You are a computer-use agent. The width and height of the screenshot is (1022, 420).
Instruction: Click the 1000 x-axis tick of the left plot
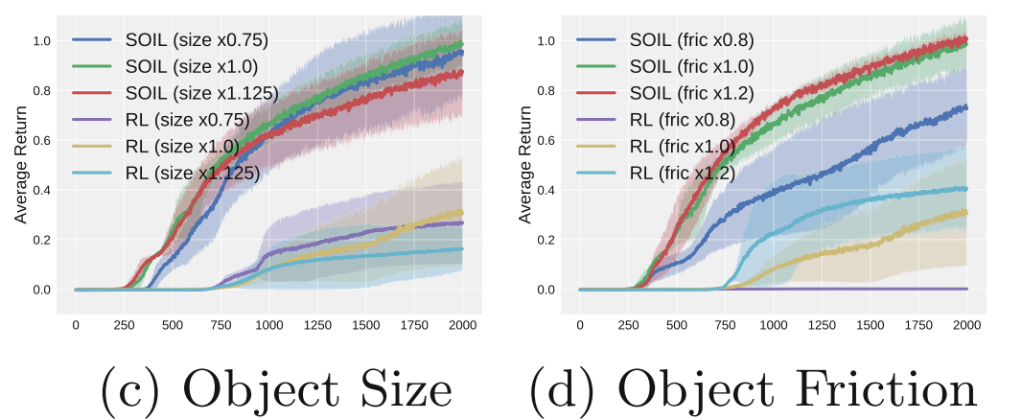click(268, 326)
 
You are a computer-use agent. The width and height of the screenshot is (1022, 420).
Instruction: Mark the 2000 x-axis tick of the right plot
click(966, 326)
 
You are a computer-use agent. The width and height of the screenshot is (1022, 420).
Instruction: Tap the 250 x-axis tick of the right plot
click(628, 326)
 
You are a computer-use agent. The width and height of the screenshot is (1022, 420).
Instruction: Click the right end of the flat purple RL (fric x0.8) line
click(966, 289)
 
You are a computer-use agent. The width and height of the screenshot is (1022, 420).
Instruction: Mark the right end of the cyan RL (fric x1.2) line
click(966, 188)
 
